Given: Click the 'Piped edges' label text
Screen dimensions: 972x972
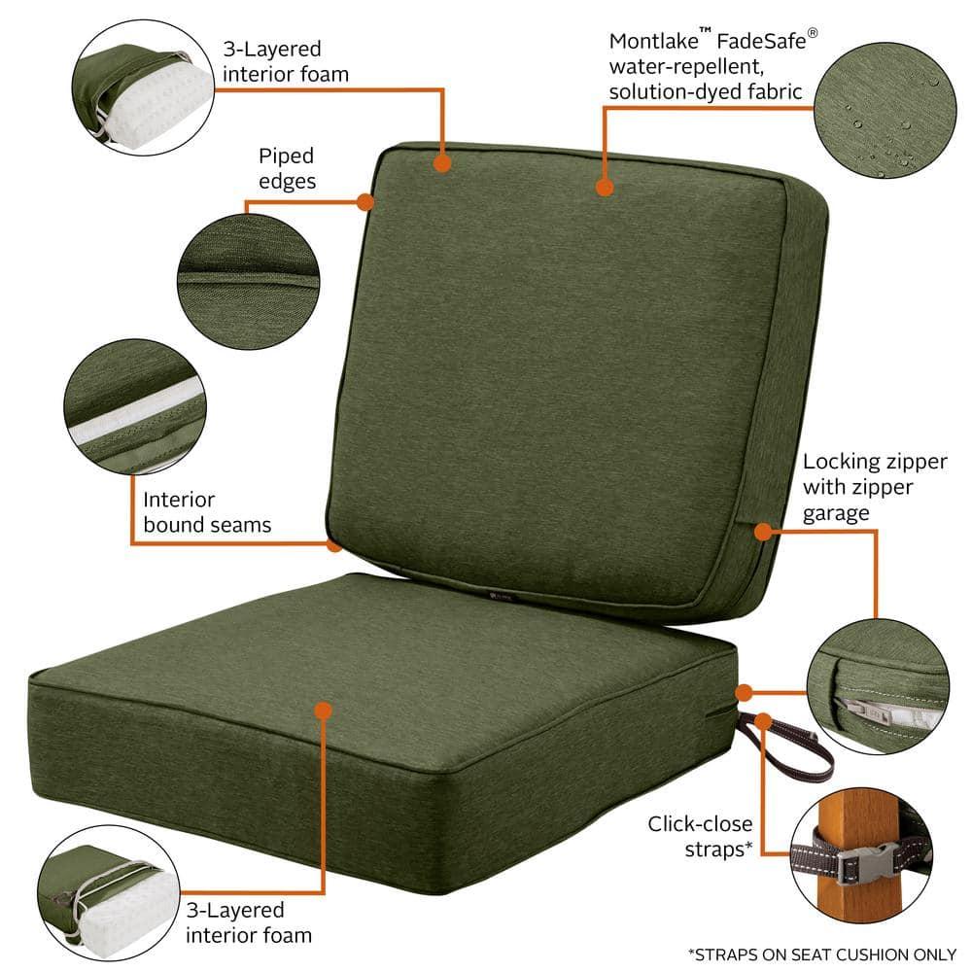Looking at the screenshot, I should [287, 168].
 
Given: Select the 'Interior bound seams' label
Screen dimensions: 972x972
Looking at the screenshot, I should [207, 512].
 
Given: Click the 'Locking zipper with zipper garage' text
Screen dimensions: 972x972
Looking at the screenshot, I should [858, 487].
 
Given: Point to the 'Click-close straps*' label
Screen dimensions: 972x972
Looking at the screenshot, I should [701, 836].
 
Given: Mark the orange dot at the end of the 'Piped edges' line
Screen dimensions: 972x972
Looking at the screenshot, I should [365, 202].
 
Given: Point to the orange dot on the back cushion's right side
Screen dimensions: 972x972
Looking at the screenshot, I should [763, 531].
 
